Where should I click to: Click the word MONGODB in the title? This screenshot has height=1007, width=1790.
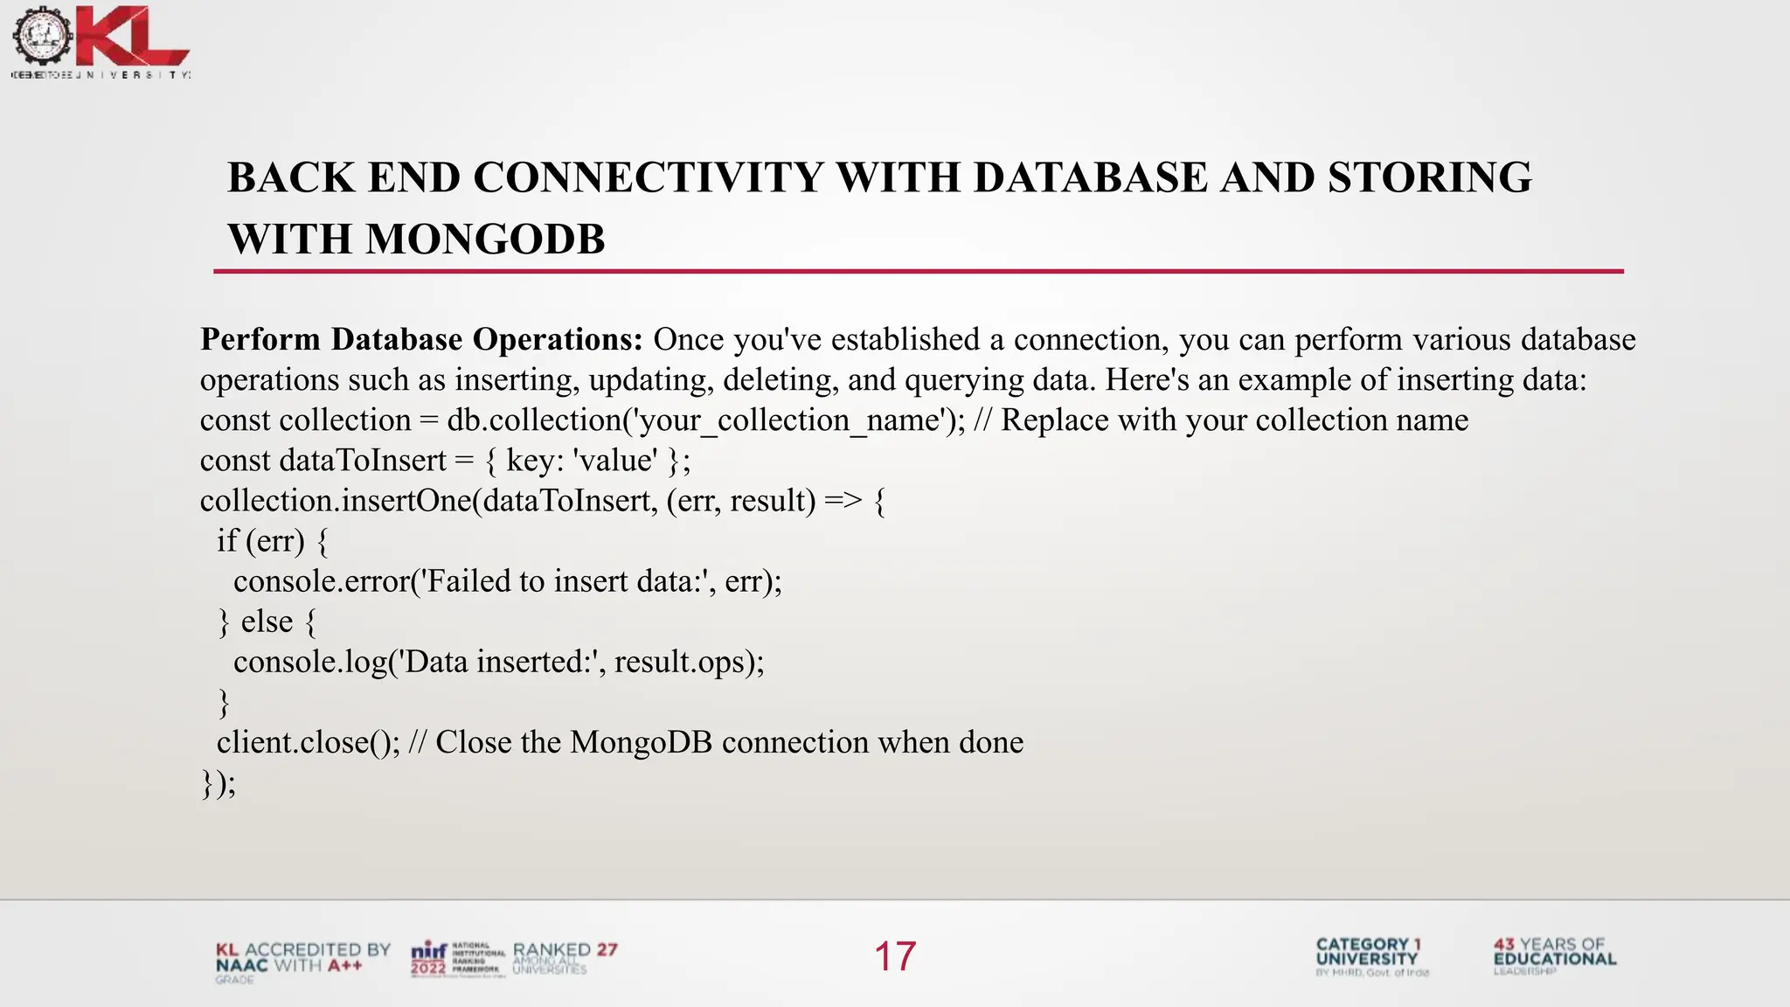coord(485,240)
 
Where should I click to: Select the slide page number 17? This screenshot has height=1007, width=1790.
coord(895,956)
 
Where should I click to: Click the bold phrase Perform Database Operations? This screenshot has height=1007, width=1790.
coord(421,339)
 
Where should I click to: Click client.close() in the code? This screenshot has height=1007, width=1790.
coord(308,742)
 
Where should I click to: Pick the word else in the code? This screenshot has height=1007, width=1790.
coord(267,622)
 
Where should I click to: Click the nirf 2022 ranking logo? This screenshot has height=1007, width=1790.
coord(457,958)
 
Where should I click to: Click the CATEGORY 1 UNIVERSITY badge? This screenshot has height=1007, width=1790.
coord(1370,955)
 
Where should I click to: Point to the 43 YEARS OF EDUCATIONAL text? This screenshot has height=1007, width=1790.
coord(1554,954)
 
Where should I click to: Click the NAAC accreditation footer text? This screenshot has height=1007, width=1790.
coord(302,958)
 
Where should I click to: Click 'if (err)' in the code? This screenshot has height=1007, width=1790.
coord(260,541)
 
